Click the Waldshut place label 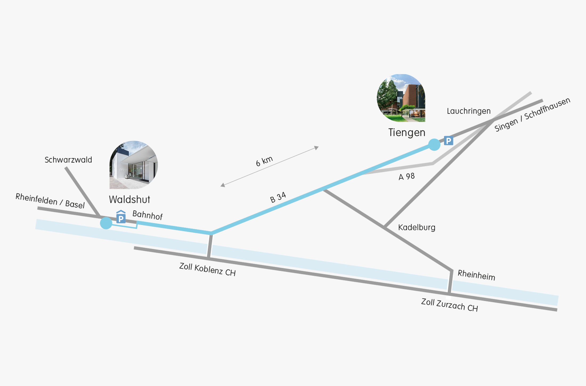129,199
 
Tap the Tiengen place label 407,132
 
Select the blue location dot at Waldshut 106,223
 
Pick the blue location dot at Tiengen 434,145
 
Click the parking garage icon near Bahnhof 121,216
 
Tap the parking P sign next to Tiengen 449,140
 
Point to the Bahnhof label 148,215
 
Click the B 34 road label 278,198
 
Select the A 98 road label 407,176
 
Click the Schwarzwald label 68,160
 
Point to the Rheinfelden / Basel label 50,201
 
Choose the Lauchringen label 469,111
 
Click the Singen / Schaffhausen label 532,115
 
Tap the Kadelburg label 417,227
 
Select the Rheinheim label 477,275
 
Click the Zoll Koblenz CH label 207,270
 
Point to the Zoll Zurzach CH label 450,305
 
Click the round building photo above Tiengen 401,98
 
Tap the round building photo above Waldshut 133,165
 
